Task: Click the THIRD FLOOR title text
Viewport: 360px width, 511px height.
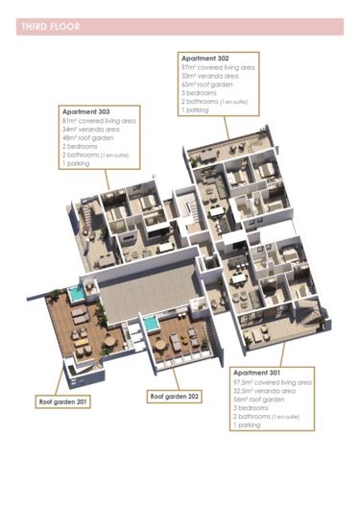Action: [x=50, y=27]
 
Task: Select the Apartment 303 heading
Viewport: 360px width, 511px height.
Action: [x=87, y=111]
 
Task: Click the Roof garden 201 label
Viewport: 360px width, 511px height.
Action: [x=64, y=401]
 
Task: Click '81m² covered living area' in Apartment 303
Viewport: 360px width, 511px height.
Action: [x=99, y=121]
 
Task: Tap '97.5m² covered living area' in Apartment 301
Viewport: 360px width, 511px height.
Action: [x=272, y=381]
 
